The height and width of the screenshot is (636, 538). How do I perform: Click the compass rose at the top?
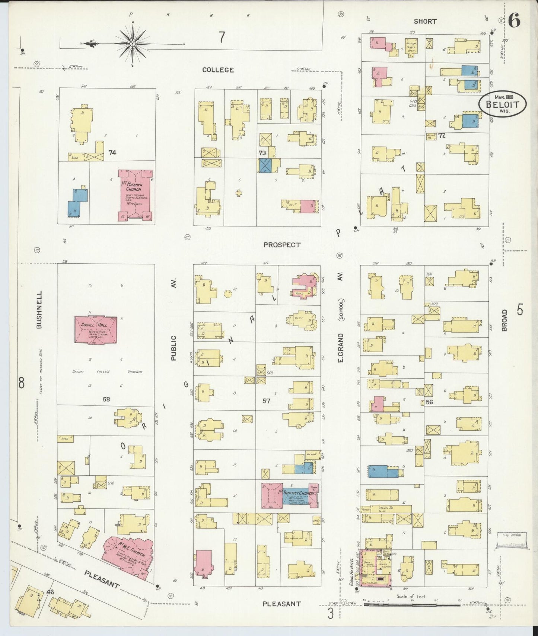(x=133, y=44)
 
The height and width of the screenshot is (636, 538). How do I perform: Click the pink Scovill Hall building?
(x=96, y=330)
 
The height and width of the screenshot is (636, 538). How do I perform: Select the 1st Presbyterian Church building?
(x=136, y=196)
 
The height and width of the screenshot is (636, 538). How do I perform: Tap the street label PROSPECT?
(x=281, y=245)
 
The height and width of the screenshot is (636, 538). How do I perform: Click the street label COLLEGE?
(x=218, y=70)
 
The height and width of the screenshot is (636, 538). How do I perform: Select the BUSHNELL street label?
(x=39, y=309)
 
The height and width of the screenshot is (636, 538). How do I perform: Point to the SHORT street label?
(x=425, y=21)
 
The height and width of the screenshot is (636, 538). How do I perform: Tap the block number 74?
(x=112, y=152)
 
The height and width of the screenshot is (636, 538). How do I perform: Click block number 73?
(x=262, y=152)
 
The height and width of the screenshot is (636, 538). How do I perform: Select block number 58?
(x=106, y=399)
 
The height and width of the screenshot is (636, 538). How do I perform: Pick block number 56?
(x=429, y=402)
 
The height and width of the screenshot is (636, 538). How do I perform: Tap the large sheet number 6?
(x=514, y=21)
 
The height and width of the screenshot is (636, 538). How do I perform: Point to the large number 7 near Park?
(x=222, y=37)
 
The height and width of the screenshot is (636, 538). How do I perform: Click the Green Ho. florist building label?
(x=384, y=508)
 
